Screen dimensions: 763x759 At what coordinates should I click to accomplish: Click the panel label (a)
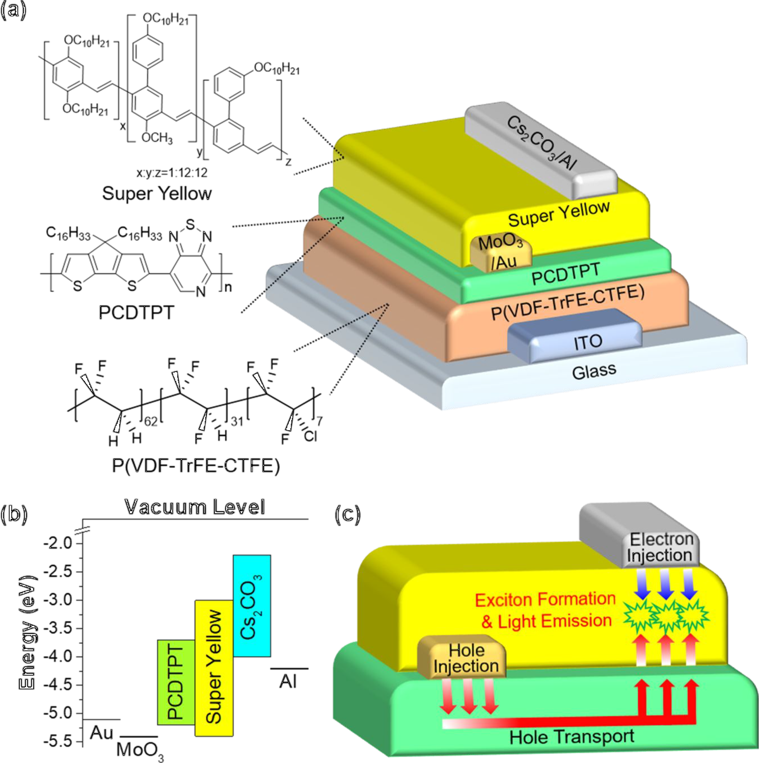point(13,10)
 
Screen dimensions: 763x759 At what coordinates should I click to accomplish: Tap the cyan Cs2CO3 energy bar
point(252,606)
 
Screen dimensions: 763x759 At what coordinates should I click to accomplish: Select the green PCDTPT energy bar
point(176,681)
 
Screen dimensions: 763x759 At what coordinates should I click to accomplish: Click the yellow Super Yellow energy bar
point(214,668)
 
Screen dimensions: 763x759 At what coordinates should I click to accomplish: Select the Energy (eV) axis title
point(28,632)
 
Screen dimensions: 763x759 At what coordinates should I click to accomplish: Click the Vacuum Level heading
point(195,507)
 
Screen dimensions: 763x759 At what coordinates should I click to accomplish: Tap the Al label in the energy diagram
point(288,681)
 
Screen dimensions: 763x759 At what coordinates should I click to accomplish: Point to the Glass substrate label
point(593,372)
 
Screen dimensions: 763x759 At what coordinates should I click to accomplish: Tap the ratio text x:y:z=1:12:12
point(172,173)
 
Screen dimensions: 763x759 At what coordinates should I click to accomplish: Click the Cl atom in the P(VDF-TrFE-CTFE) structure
point(311,436)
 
